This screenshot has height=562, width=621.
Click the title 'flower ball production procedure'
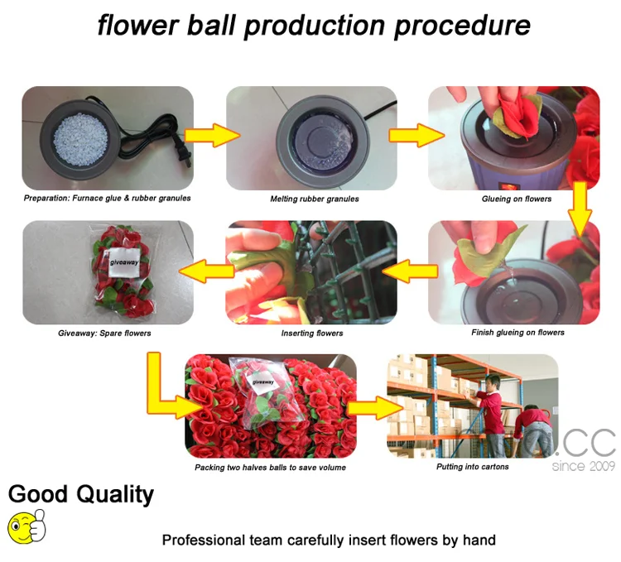314,25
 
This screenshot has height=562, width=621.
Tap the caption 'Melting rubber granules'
314,199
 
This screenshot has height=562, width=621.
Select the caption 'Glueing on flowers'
516,199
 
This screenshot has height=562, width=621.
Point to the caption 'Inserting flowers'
311,334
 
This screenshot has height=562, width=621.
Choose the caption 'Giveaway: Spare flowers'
104,334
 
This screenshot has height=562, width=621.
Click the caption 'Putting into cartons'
473,467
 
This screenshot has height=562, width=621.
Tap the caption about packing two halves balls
270,468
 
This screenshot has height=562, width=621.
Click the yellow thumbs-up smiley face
26,526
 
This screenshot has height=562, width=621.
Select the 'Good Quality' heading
81,495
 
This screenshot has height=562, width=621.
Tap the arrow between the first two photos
211,136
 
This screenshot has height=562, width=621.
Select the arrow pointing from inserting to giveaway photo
207,268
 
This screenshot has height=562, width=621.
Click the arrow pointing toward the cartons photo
373,407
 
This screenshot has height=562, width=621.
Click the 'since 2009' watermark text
584,466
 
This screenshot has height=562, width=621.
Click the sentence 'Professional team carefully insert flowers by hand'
329,540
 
